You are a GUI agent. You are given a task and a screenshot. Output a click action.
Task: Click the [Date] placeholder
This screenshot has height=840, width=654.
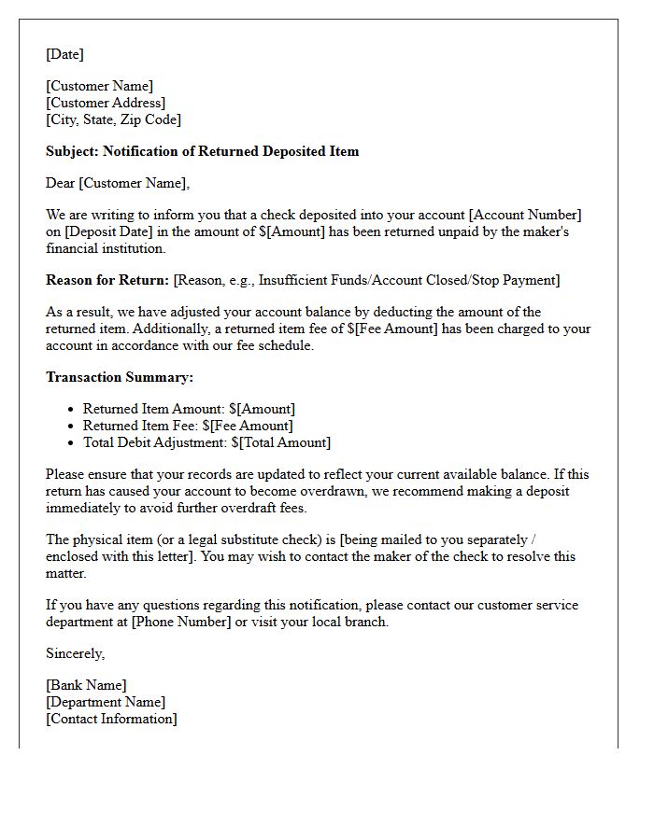click(64, 54)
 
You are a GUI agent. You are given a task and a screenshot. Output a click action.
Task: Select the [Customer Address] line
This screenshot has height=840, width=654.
click(106, 103)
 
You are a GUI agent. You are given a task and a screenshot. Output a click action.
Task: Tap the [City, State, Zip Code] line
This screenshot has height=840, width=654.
click(113, 119)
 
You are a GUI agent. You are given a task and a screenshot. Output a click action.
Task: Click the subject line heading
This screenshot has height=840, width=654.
click(202, 151)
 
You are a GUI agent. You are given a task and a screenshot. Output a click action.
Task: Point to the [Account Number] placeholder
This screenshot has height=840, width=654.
click(528, 216)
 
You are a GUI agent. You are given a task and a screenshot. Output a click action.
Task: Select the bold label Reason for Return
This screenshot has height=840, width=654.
click(107, 280)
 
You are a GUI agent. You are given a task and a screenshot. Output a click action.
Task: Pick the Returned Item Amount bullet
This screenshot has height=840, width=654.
click(189, 409)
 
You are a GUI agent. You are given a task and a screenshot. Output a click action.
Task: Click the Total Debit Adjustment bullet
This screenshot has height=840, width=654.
click(206, 442)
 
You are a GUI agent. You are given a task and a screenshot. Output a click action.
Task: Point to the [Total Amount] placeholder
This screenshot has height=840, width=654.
click(284, 442)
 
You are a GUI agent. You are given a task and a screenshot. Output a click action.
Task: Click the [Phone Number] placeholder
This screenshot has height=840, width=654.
click(181, 622)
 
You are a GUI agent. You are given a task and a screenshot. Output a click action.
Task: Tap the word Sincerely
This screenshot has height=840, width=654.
click(75, 653)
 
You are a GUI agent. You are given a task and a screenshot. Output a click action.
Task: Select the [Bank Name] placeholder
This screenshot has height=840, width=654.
click(86, 685)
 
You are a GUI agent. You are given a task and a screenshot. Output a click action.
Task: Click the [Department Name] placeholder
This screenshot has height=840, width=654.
click(106, 702)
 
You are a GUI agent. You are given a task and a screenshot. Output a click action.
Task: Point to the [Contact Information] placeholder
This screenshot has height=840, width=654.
click(111, 719)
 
